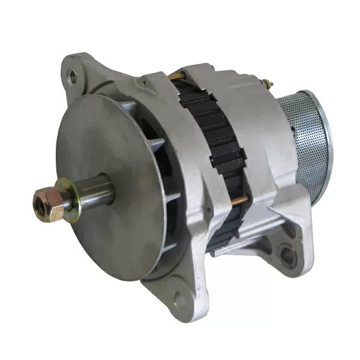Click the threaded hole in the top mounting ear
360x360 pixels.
coord(73,76)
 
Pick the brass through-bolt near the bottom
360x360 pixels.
coord(240,202)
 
